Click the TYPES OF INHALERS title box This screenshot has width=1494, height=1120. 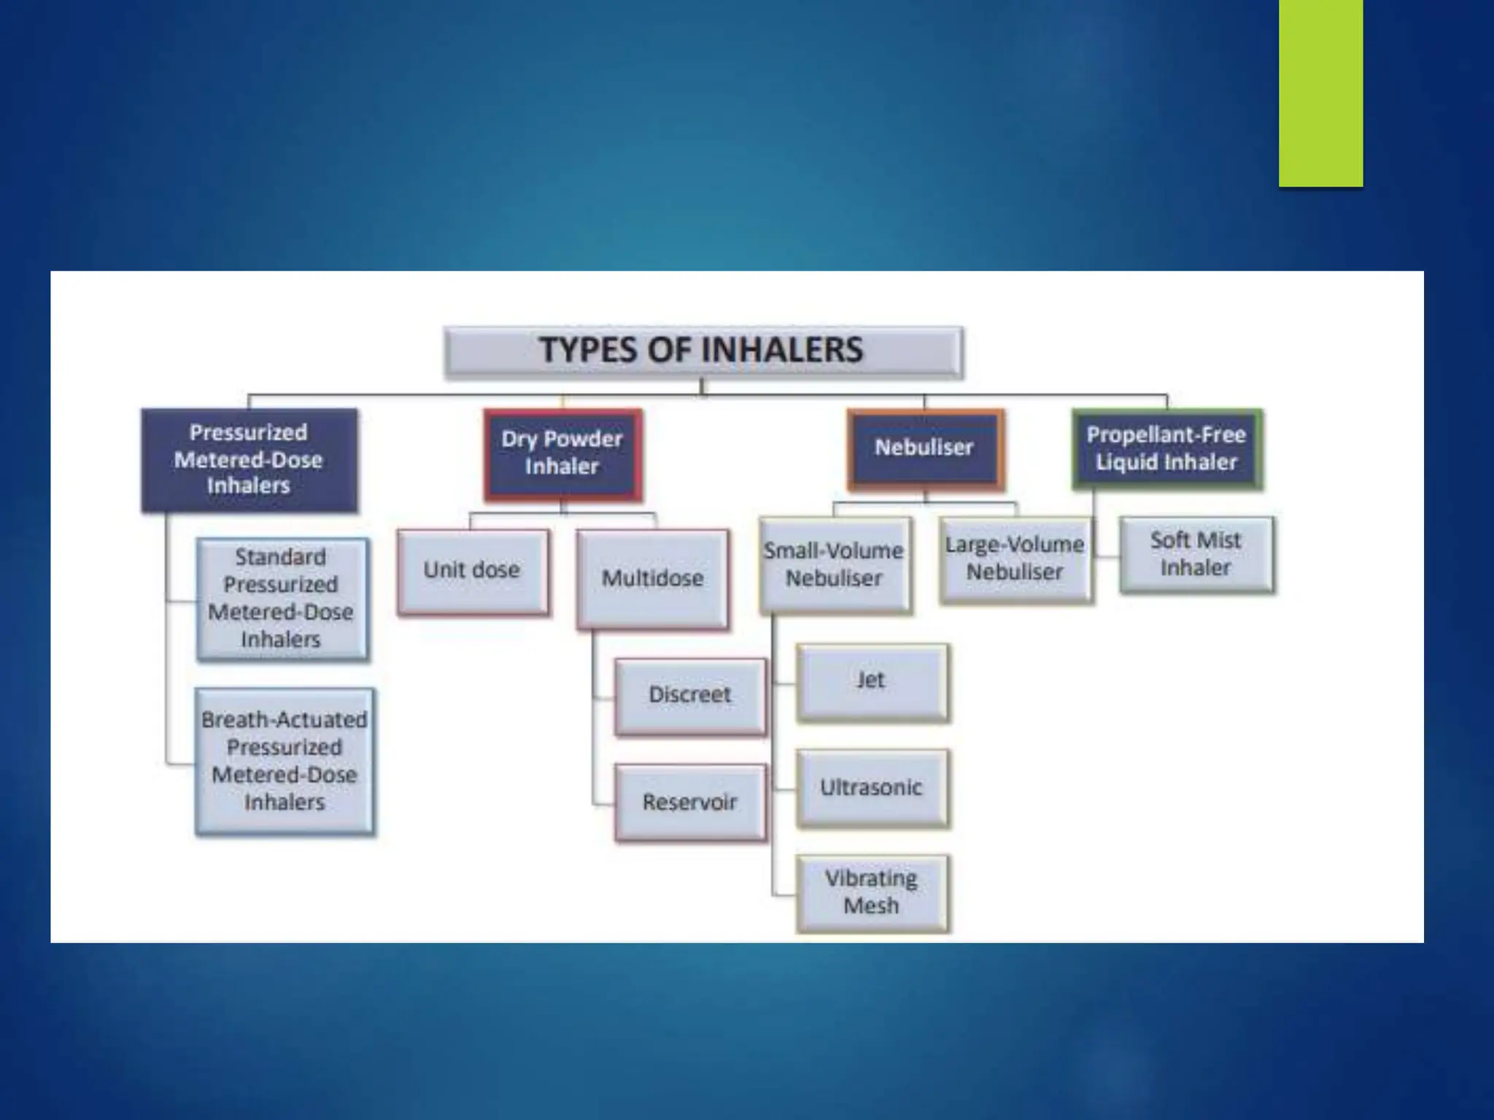(704, 352)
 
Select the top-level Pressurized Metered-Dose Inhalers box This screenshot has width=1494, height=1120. (249, 460)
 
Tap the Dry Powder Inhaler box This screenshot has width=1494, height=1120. (562, 455)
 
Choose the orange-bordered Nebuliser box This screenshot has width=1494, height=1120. (925, 448)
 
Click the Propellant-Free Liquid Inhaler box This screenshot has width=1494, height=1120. (1167, 448)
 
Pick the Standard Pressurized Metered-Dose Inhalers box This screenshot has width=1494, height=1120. (282, 599)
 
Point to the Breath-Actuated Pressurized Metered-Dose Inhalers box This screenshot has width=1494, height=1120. (285, 761)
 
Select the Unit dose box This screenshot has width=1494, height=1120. (473, 572)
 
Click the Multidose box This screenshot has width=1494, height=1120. (653, 579)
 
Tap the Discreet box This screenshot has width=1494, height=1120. (691, 696)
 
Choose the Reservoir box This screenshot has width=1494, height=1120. (691, 803)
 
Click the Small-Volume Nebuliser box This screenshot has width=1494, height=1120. (835, 565)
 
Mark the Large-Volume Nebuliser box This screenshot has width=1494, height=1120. (1015, 560)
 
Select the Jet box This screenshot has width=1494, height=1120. (872, 682)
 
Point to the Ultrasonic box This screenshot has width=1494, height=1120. (872, 788)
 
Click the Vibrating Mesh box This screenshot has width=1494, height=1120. (872, 893)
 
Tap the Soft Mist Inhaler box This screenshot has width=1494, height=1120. (1197, 555)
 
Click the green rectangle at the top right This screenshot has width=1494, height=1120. (1320, 93)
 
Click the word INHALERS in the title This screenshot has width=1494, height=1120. (781, 350)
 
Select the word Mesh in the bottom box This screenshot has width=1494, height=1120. (871, 906)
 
